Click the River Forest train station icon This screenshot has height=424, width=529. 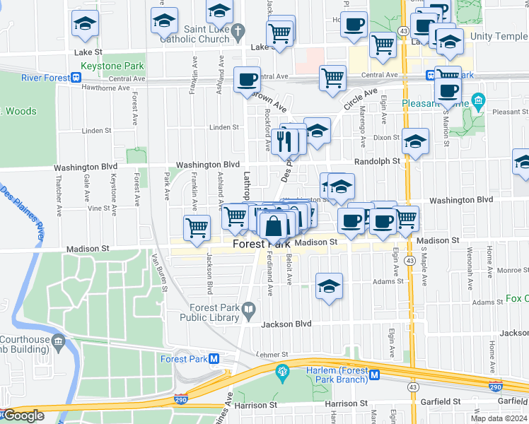pyautogui.click(x=76, y=78)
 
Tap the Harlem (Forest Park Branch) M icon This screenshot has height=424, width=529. pyautogui.click(x=375, y=375)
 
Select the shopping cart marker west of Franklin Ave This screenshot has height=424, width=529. pyautogui.click(x=197, y=227)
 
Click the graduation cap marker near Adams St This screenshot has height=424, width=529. pyautogui.click(x=329, y=286)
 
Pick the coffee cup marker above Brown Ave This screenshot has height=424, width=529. pyautogui.click(x=247, y=80)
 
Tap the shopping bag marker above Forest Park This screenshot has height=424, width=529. pyautogui.click(x=274, y=226)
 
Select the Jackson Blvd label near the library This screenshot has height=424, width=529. pyautogui.click(x=286, y=324)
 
